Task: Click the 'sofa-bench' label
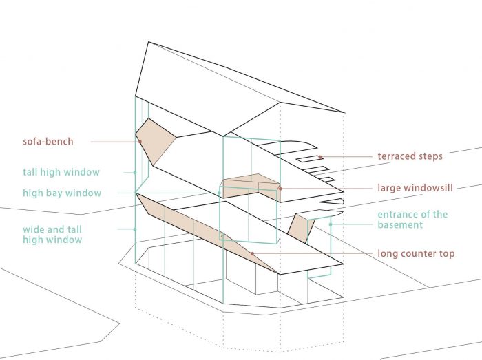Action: [x=48, y=142]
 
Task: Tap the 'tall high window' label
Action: [x=61, y=172]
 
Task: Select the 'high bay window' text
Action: [x=62, y=193]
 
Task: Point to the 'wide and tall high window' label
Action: [x=61, y=234]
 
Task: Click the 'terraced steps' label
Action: [x=410, y=156]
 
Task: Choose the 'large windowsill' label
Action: [x=416, y=187]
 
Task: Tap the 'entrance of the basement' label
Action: [x=412, y=220]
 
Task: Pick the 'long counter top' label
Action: [x=416, y=253]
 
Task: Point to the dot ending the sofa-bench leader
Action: [x=140, y=142]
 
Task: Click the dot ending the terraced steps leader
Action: [x=320, y=157]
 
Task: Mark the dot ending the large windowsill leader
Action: [x=280, y=188]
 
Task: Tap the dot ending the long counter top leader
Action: [x=252, y=254]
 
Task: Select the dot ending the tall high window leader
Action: [x=135, y=172]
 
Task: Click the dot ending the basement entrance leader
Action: [x=331, y=223]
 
